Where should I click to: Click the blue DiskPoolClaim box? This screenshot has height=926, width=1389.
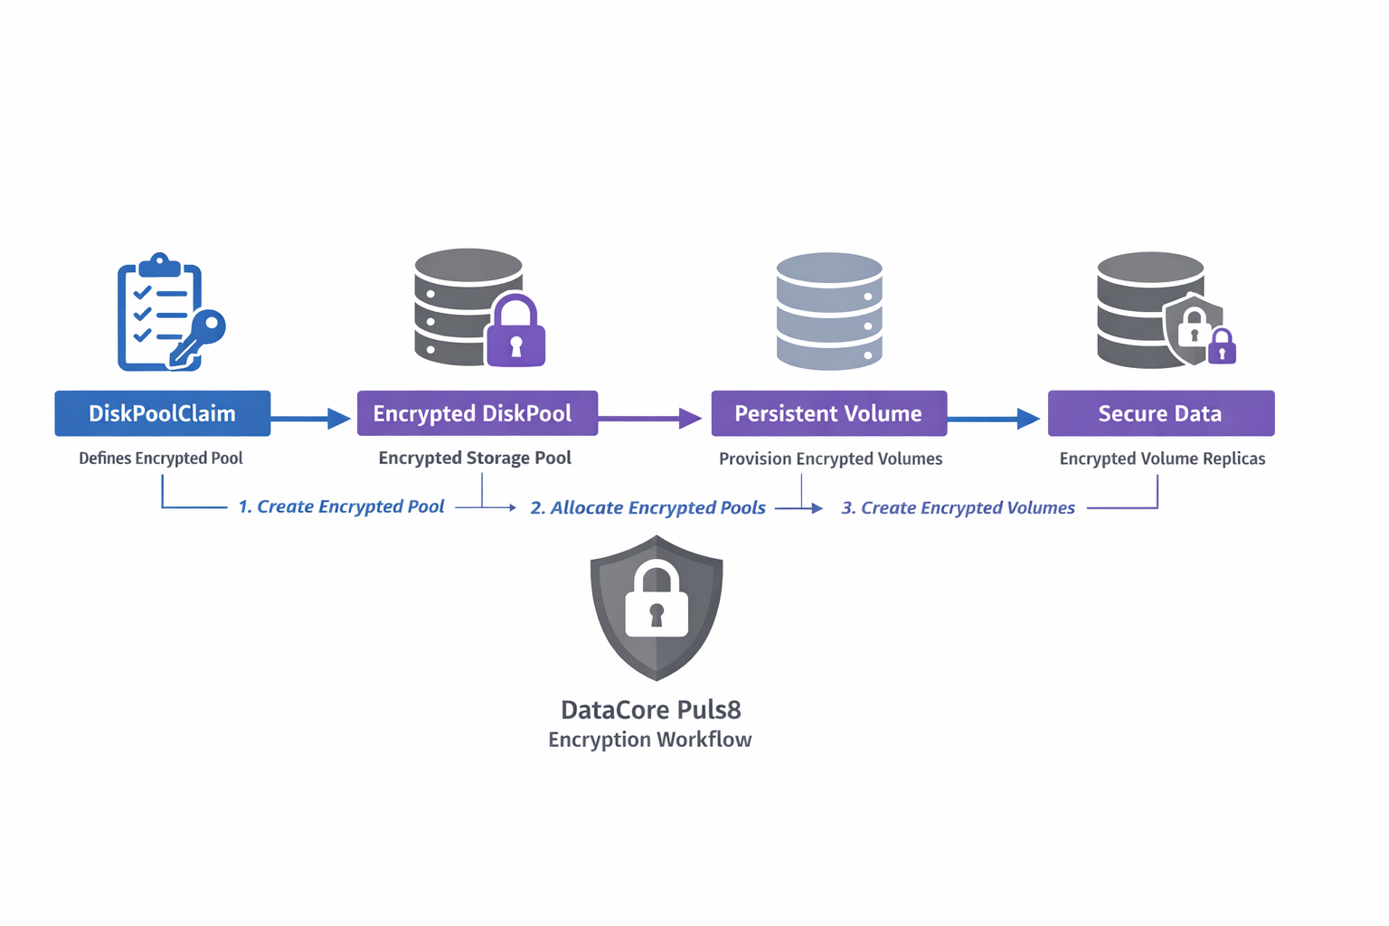[x=163, y=413]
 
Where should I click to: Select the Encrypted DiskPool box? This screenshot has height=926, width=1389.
[x=477, y=413]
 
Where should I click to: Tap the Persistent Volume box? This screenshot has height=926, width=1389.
[x=828, y=413]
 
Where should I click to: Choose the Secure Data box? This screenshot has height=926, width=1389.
[x=1160, y=413]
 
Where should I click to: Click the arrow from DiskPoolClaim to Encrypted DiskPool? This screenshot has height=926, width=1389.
[x=310, y=418]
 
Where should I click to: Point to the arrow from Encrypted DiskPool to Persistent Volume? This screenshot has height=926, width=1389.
[x=649, y=418]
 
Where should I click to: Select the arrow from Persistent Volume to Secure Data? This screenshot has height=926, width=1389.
[x=993, y=418]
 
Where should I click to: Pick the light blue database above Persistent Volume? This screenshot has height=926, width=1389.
[x=829, y=311]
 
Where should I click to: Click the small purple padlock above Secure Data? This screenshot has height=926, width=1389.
[x=1222, y=346]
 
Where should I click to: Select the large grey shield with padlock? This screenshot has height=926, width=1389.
[x=657, y=606]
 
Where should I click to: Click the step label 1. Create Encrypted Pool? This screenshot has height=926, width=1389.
[x=341, y=506]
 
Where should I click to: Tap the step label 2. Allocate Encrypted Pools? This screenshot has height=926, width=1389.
[x=647, y=507]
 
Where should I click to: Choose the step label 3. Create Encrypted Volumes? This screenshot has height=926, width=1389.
[x=958, y=507]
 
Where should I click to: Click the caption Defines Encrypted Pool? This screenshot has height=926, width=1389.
[x=161, y=458]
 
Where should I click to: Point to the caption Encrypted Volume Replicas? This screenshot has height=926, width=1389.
[x=1162, y=458]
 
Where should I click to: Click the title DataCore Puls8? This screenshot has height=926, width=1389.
[x=651, y=709]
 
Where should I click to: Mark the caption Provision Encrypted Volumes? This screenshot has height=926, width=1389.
[x=830, y=458]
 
